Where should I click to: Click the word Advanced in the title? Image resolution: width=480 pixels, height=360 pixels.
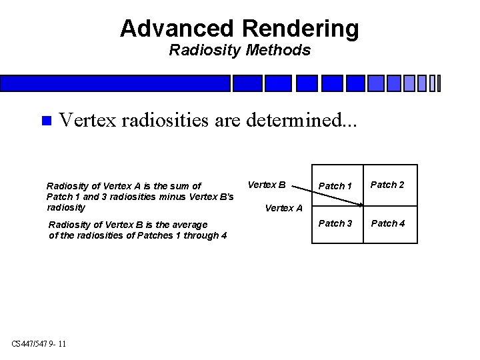click(x=177, y=29)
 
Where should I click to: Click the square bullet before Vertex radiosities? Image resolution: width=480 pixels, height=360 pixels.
click(x=45, y=121)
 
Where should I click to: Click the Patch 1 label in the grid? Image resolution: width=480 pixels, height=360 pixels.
click(x=335, y=186)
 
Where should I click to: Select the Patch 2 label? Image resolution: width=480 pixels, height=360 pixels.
click(x=387, y=185)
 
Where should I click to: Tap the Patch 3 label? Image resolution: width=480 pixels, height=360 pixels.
click(x=335, y=223)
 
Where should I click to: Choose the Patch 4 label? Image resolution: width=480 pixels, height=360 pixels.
click(x=387, y=223)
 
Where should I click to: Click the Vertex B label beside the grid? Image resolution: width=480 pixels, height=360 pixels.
click(x=267, y=185)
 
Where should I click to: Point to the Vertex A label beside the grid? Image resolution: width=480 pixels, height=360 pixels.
click(x=283, y=208)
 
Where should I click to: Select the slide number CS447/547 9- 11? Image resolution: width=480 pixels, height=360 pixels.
click(x=39, y=344)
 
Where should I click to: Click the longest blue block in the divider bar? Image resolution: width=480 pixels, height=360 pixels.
click(x=115, y=83)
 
